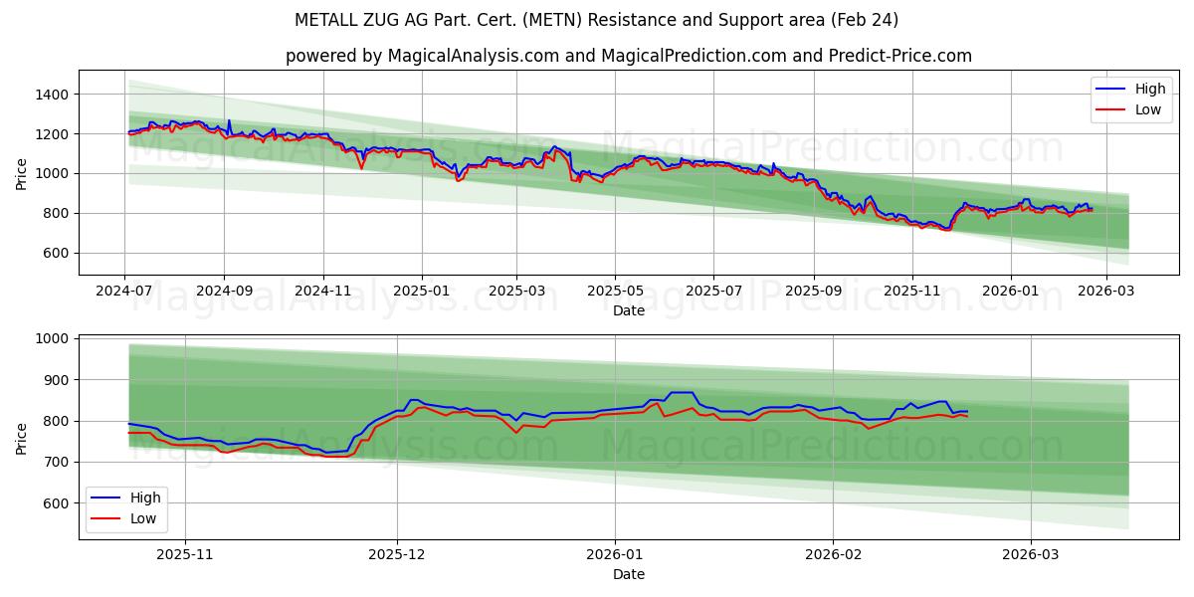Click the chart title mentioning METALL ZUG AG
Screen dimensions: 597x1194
(x=597, y=20)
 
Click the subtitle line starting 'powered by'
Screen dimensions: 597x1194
(x=628, y=56)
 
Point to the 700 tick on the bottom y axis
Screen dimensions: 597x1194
(x=54, y=462)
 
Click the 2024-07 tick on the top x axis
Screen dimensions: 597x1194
(x=124, y=291)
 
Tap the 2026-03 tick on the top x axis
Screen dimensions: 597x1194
(x=1107, y=291)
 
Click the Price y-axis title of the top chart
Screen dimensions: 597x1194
(x=22, y=172)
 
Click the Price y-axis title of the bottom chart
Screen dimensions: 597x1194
(x=22, y=437)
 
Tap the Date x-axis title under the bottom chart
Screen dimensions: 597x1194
(x=628, y=574)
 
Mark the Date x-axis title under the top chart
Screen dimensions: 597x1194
(x=628, y=310)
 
